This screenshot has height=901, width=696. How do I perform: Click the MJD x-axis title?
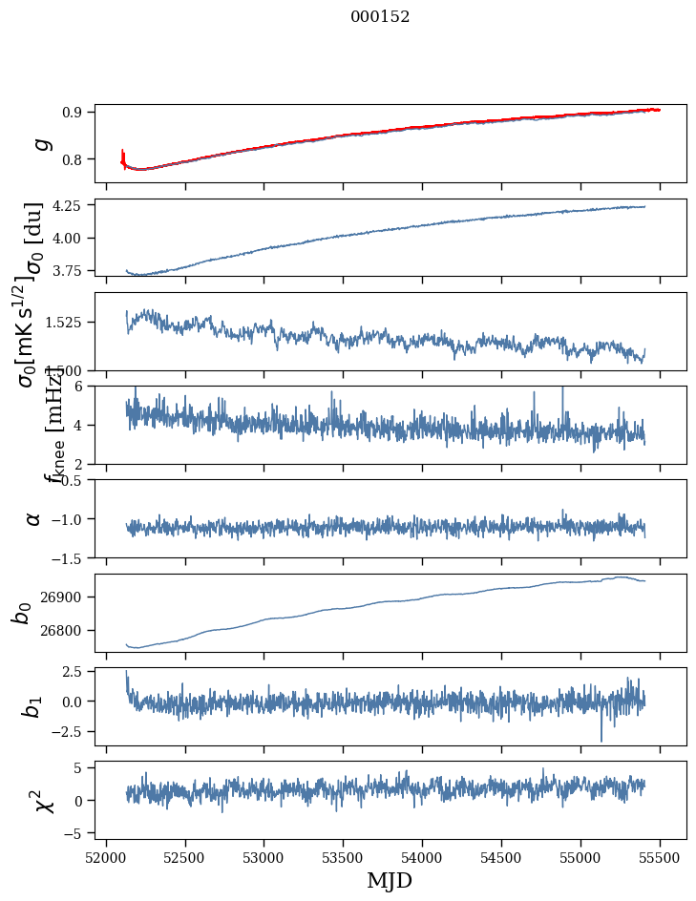390,880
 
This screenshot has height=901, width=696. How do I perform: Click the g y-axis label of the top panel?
40,143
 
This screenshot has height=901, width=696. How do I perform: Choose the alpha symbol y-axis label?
33,518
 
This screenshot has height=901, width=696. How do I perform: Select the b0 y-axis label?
21,612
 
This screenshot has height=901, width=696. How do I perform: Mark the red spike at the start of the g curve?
123,156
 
